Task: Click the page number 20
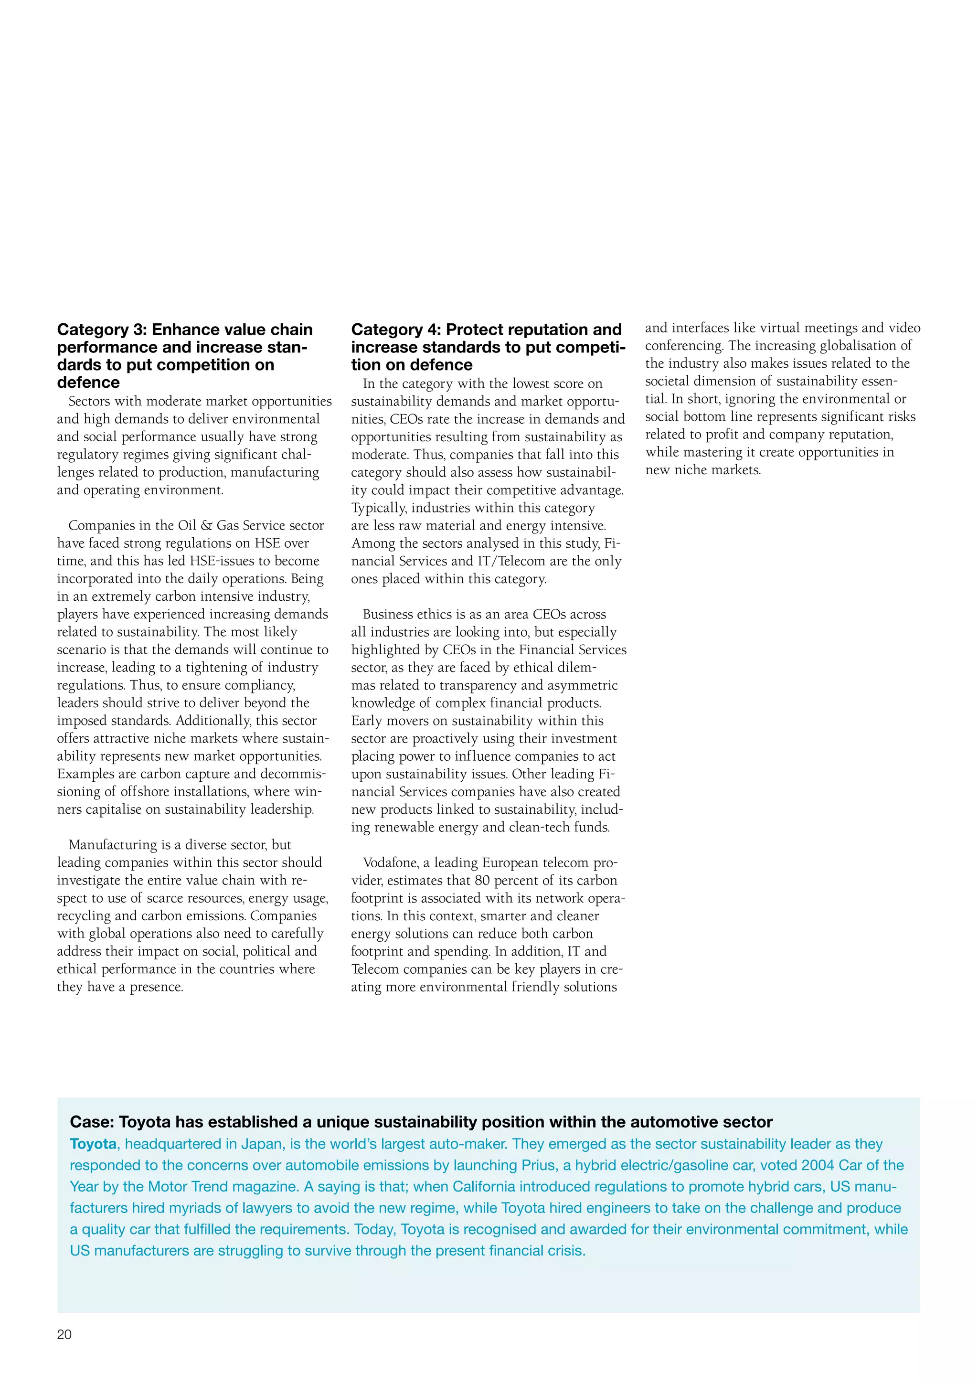[64, 1334]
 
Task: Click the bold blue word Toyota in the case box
[93, 1144]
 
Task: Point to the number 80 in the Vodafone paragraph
[482, 880]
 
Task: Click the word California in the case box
[490, 1186]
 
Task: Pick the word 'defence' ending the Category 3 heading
[88, 383]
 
